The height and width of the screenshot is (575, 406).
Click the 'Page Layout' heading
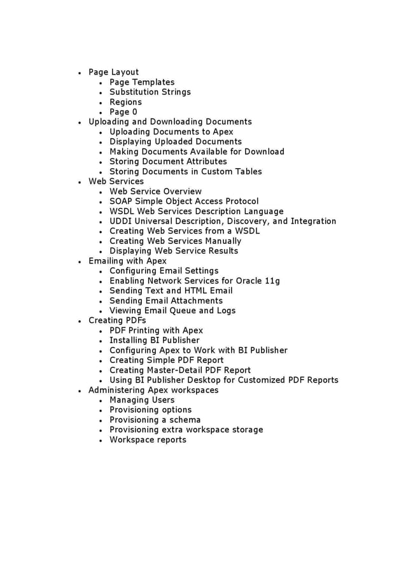pyautogui.click(x=113, y=72)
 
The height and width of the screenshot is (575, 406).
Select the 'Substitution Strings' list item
pyautogui.click(x=150, y=92)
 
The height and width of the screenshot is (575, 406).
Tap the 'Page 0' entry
pyautogui.click(x=123, y=112)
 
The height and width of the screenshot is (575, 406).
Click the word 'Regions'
pyautogui.click(x=125, y=102)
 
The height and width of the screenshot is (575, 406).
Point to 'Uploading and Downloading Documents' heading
pyautogui.click(x=170, y=122)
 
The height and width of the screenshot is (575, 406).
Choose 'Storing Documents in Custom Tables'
pyautogui.click(x=185, y=171)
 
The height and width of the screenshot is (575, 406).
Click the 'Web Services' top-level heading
pyautogui.click(x=116, y=181)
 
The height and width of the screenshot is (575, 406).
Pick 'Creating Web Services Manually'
pyautogui.click(x=175, y=241)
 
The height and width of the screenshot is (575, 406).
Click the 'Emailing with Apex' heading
pyautogui.click(x=127, y=261)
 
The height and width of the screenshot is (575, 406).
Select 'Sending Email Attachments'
pyautogui.click(x=165, y=301)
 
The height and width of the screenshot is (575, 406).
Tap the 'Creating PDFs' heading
pyautogui.click(x=117, y=320)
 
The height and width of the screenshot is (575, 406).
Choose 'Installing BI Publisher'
pyautogui.click(x=154, y=340)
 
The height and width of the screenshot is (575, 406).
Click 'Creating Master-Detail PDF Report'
pyautogui.click(x=180, y=370)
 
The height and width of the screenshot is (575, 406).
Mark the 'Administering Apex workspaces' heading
pyautogui.click(x=153, y=390)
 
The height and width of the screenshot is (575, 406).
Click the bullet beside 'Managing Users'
pyautogui.click(x=101, y=401)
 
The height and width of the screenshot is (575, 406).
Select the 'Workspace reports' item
pyautogui.click(x=148, y=439)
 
